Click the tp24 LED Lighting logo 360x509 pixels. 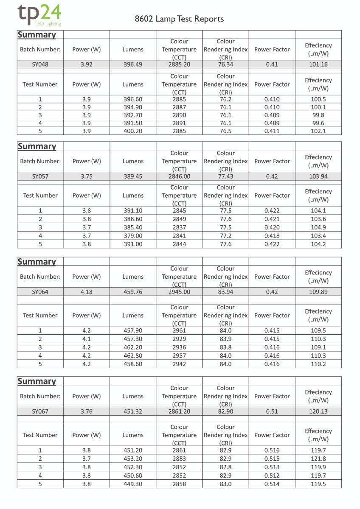click(x=39, y=16)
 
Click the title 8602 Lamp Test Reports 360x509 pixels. click(x=179, y=19)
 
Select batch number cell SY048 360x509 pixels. click(x=40, y=64)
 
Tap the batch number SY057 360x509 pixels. click(x=40, y=176)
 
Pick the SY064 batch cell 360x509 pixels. click(x=40, y=292)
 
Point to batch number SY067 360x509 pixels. click(x=40, y=411)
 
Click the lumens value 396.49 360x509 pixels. click(x=133, y=64)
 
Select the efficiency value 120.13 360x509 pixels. click(x=318, y=411)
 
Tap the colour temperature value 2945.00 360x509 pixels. click(x=179, y=292)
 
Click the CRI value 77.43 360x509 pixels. click(x=225, y=176)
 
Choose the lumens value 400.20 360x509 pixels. click(x=133, y=131)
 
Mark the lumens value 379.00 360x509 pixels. click(x=133, y=235)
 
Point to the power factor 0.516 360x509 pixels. click(x=272, y=450)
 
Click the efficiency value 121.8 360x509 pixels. click(x=318, y=459)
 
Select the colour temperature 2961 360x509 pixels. click(x=179, y=331)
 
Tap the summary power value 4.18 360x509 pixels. click(x=87, y=292)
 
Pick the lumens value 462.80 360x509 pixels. click(x=133, y=356)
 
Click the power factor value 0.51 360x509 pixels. click(x=272, y=411)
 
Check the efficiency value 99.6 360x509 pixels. click(x=318, y=123)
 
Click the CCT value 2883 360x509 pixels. click(x=179, y=459)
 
